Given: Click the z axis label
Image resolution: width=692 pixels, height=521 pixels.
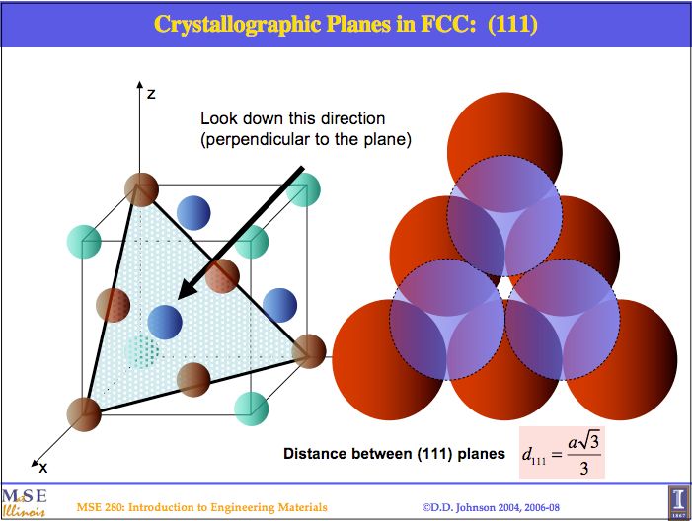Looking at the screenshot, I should click(x=151, y=94).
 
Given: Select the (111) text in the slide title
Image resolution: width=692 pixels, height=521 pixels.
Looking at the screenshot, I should click(x=506, y=24).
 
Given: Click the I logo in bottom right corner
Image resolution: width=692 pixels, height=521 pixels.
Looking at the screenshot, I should click(x=677, y=498).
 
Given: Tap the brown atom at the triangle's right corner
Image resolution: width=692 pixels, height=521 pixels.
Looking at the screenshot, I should click(x=309, y=350).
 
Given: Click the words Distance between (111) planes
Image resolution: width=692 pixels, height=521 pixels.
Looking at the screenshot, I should click(x=394, y=454).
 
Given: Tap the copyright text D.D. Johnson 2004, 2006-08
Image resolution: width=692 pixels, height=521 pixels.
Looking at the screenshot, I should click(x=490, y=507).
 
